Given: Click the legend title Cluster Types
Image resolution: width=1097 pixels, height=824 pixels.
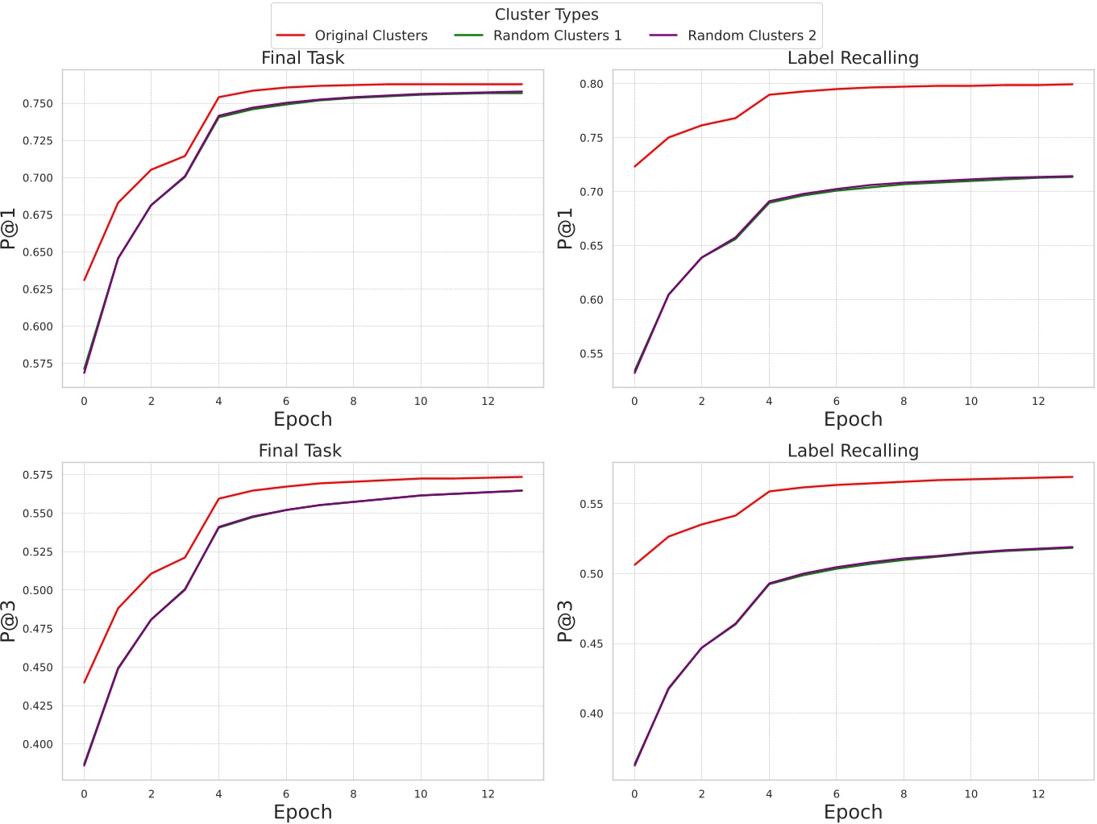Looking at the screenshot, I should [x=546, y=15].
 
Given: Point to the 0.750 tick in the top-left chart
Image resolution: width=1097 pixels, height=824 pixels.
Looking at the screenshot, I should [x=38, y=104].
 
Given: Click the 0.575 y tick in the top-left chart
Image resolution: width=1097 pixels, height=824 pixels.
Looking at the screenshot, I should [x=38, y=364].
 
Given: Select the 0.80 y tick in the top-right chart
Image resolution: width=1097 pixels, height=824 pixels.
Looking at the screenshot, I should [x=592, y=84].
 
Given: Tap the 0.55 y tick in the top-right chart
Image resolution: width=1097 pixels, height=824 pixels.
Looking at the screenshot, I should [x=592, y=354].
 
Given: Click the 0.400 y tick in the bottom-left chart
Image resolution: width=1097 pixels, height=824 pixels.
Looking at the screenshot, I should [x=38, y=744].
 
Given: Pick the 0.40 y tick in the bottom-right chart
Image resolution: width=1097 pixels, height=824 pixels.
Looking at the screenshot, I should [x=592, y=714].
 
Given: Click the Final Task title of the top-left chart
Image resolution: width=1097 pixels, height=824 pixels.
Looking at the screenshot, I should [x=302, y=58].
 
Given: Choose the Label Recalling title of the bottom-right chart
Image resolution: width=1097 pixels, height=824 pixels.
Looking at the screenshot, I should [x=853, y=451].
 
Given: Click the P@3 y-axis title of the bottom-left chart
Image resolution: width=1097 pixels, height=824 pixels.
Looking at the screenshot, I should [x=9, y=621].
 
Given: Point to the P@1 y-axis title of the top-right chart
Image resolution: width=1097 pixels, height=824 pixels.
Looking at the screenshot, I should [x=565, y=228].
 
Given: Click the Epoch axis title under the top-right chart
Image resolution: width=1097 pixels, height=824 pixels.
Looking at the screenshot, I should [x=853, y=419].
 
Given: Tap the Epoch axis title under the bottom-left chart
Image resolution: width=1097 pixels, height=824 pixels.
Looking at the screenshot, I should [x=302, y=812].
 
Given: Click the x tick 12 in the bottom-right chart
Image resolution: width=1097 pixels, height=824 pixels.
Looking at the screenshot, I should [x=1038, y=794].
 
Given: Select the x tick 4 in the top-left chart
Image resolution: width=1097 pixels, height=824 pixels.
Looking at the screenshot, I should [x=218, y=402].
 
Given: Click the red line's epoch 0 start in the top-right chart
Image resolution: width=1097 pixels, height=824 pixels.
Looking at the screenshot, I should [x=635, y=167].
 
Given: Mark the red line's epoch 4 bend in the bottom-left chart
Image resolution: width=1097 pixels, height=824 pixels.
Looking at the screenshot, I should [x=218, y=499].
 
